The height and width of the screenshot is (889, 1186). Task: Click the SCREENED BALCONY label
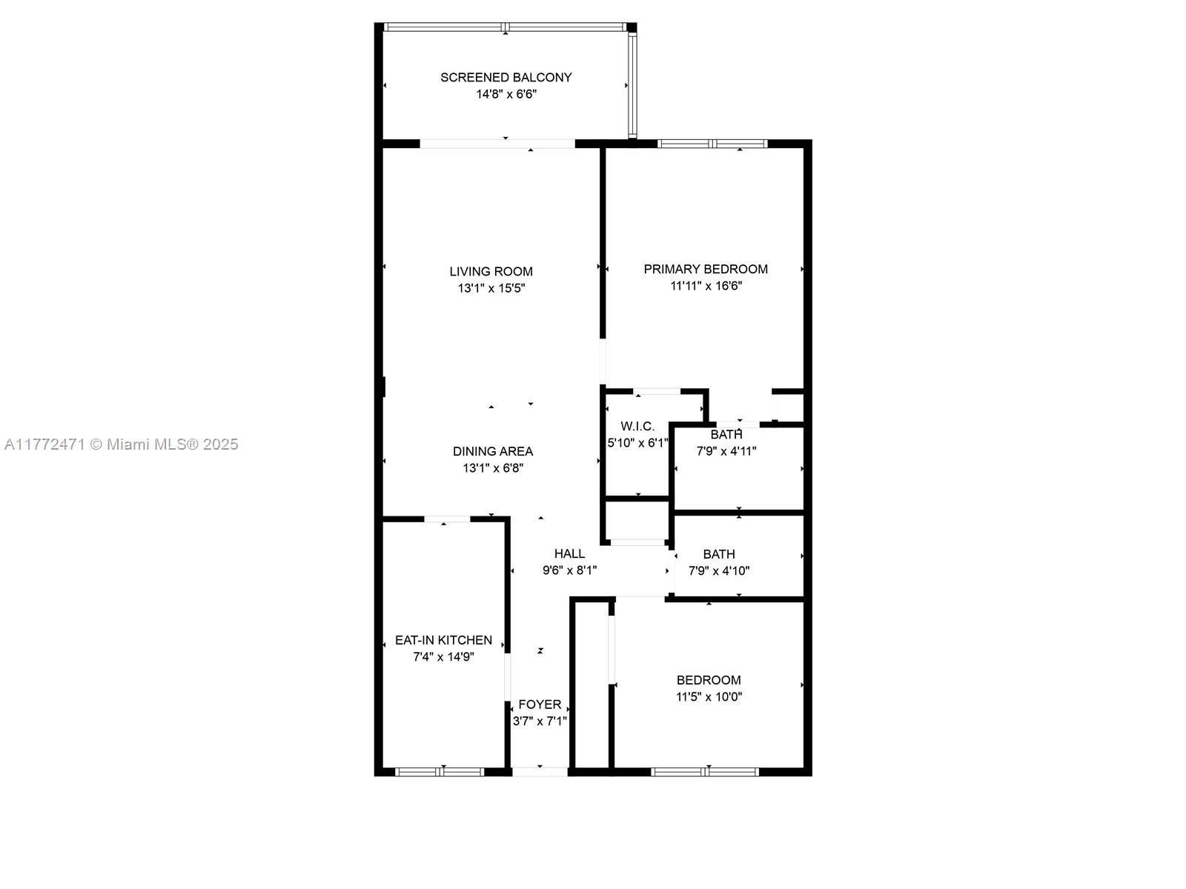pyautogui.click(x=506, y=77)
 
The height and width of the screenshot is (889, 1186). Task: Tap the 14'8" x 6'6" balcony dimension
pyautogui.click(x=506, y=94)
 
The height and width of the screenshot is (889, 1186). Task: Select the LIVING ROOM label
pyautogui.click(x=491, y=271)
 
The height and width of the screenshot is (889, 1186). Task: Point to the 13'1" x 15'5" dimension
pyautogui.click(x=491, y=288)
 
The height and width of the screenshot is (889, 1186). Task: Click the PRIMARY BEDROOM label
pyautogui.click(x=705, y=269)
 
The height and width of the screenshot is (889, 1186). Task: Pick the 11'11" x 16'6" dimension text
pyautogui.click(x=706, y=286)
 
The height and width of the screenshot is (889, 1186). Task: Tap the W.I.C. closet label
pyautogui.click(x=637, y=426)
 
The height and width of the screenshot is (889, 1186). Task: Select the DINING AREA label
pyautogui.click(x=493, y=451)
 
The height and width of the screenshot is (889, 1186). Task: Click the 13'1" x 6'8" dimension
pyautogui.click(x=493, y=468)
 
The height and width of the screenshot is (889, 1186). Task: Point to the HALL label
pyautogui.click(x=569, y=553)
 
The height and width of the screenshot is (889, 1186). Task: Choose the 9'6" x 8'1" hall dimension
pyautogui.click(x=569, y=570)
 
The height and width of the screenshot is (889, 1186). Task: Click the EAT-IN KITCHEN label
pyautogui.click(x=443, y=640)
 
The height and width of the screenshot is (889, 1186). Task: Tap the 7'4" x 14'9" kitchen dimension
pyautogui.click(x=443, y=656)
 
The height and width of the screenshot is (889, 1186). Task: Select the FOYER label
pyautogui.click(x=540, y=705)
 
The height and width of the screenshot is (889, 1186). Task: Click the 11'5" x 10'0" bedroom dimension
pyautogui.click(x=709, y=696)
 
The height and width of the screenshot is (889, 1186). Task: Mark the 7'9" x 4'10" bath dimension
pyautogui.click(x=719, y=570)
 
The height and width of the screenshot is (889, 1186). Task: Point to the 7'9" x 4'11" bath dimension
pyautogui.click(x=726, y=450)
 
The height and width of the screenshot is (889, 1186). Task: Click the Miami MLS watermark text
pyautogui.click(x=121, y=444)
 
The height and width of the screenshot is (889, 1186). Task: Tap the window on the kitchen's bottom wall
pyautogui.click(x=440, y=772)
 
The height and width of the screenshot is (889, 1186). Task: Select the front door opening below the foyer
pyautogui.click(x=540, y=772)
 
